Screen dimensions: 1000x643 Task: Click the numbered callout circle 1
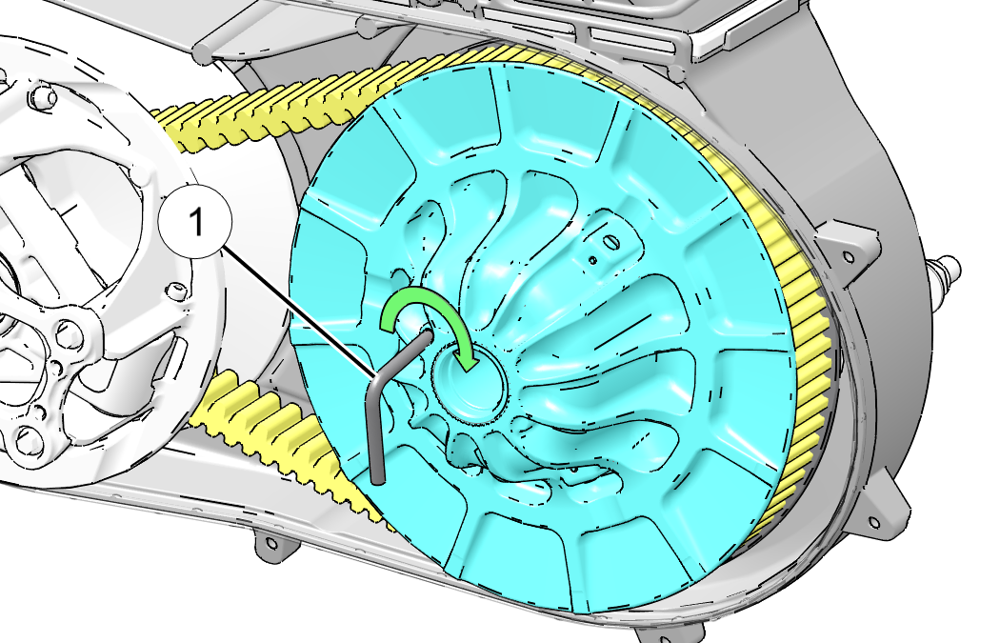(196, 221)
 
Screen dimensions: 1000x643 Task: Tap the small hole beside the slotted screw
(592, 260)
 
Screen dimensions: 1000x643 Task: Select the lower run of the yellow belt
(287, 440)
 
